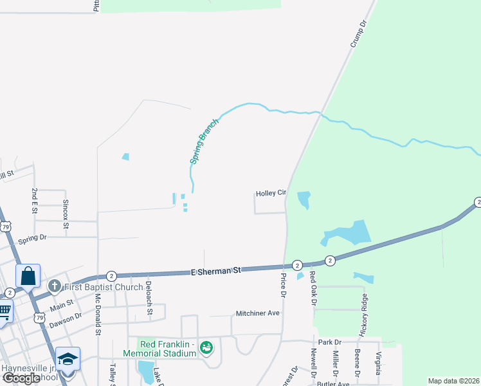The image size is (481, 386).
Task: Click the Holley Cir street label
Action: (270, 193)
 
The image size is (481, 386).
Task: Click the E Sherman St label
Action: (215, 271)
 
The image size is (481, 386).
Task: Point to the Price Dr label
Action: (283, 285)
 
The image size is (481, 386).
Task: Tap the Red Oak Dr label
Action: (313, 286)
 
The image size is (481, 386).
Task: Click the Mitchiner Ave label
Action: (257, 313)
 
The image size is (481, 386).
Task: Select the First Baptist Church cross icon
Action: (55, 286)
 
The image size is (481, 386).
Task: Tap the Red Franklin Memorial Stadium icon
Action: (206, 348)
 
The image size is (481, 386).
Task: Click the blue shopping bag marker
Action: (28, 277)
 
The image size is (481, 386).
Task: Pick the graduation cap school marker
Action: (68, 359)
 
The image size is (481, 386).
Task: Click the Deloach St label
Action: (149, 297)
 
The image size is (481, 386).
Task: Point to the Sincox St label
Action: (65, 210)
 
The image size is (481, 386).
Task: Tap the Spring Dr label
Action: (33, 238)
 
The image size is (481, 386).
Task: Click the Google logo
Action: (22, 378)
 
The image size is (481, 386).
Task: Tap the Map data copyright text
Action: (453, 381)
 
